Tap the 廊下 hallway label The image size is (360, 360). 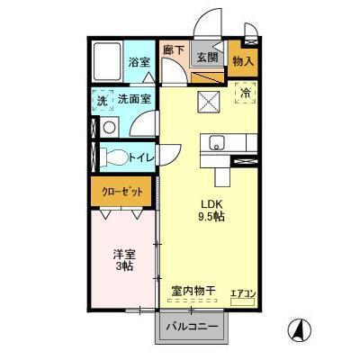coord(173,51)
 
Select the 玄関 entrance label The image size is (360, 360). coord(207,58)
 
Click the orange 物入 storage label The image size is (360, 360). coord(242,61)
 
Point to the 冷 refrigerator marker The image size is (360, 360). coord(245,92)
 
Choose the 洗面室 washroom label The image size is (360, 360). coord(134,100)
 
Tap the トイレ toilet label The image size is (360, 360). coord(140,157)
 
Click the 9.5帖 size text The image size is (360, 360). coord(211,216)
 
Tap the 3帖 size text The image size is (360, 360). coord(123,267)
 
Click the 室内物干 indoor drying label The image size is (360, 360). coord(193,291)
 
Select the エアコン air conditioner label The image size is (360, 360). coord(243,292)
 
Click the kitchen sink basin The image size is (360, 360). coord(217,143)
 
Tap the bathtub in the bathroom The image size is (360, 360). coord(105,61)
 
